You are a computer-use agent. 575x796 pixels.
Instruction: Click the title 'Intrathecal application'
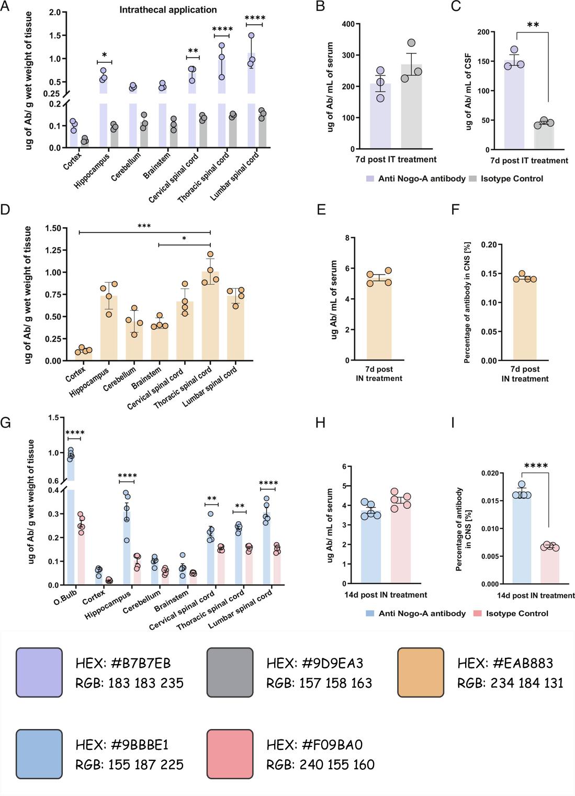(x=168, y=9)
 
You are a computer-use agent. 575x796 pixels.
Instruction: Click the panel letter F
(x=455, y=210)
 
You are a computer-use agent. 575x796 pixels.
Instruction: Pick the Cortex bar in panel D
(x=83, y=355)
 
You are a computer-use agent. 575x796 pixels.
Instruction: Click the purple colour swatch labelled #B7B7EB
(x=39, y=672)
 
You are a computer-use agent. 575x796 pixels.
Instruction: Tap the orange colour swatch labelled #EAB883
(x=421, y=672)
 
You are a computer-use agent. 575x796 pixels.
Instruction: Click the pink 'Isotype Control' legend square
(x=477, y=613)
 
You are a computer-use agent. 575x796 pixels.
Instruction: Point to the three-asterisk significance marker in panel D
(x=144, y=226)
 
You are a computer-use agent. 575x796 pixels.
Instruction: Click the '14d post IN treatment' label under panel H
(x=386, y=595)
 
